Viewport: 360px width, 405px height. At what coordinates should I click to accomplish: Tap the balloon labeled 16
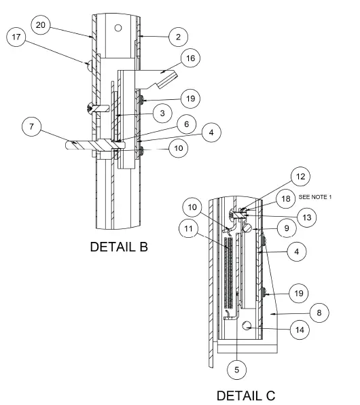click(x=191, y=59)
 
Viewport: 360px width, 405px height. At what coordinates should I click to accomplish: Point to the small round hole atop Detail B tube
click(x=118, y=28)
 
